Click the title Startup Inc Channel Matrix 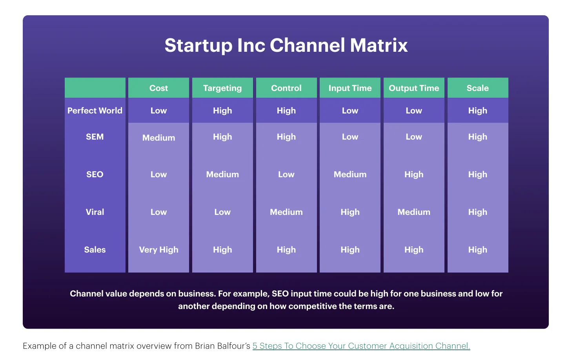click(286, 45)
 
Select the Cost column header click(158, 88)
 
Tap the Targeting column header click(222, 88)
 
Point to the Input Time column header click(350, 88)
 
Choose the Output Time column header click(414, 88)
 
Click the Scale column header click(477, 88)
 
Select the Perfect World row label click(95, 111)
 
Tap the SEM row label click(95, 137)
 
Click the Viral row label click(95, 212)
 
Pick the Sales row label click(95, 250)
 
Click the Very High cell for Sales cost click(158, 250)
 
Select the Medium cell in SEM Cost click(158, 138)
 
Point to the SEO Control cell click(286, 175)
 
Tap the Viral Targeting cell click(222, 212)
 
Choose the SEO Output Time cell click(414, 175)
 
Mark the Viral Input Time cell click(350, 212)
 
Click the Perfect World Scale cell click(477, 111)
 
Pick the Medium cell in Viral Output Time click(414, 212)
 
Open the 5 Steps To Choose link click(361, 346)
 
